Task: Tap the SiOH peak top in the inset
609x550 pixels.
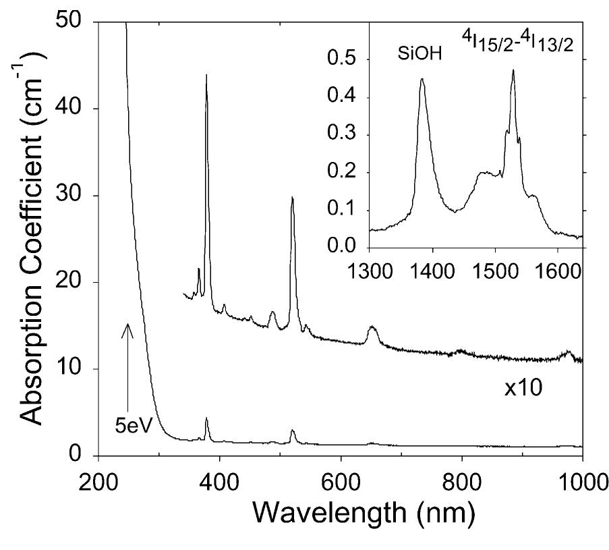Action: [x=422, y=80]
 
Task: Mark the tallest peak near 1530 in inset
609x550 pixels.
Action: [x=513, y=70]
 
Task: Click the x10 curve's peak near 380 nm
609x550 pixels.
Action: [x=206, y=76]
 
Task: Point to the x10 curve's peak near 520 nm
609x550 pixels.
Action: [x=292, y=198]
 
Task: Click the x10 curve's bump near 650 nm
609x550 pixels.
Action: [x=372, y=328]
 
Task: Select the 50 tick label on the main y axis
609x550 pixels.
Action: [x=69, y=22]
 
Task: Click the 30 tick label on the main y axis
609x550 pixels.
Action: [x=69, y=196]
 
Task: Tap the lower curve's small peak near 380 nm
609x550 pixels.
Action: [x=206, y=419]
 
